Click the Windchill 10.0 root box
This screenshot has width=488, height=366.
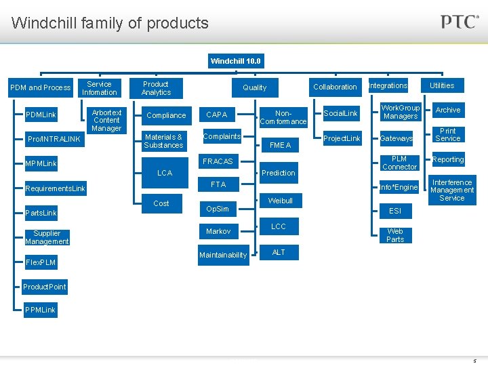[235, 61]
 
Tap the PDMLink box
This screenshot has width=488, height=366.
[41, 115]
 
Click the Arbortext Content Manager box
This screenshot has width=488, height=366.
[106, 120]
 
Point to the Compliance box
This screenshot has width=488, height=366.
[166, 115]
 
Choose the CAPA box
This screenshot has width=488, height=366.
[217, 115]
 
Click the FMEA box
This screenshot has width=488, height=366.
[280, 145]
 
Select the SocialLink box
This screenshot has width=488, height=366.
[341, 113]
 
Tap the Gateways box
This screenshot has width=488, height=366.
[396, 138]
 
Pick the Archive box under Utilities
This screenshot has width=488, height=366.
[448, 110]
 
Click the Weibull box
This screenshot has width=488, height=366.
[280, 201]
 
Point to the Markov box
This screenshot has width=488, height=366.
[218, 231]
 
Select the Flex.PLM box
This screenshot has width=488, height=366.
[41, 262]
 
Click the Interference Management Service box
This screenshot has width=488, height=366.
[452, 190]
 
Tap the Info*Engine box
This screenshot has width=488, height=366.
[399, 187]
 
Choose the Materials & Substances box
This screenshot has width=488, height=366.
[163, 141]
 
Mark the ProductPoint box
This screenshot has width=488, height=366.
[45, 287]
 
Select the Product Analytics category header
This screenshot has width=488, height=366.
[156, 88]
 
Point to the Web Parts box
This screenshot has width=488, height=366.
[395, 235]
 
